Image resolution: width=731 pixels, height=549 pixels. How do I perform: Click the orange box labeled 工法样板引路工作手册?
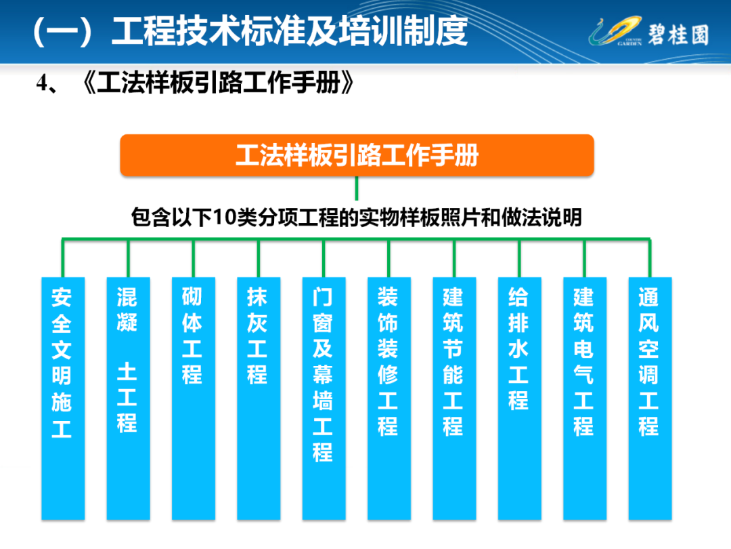coord(357,155)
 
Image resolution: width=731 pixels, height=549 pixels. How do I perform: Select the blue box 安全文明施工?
coord(63,399)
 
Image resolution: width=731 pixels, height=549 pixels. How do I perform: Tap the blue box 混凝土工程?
coord(128,399)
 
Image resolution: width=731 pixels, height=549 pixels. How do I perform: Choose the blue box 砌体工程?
coord(194,399)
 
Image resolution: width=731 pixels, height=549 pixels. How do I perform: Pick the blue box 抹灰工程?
coord(259,399)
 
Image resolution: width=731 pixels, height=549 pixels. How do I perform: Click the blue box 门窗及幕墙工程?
coord(324,399)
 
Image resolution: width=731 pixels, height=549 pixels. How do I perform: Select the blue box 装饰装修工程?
coord(389,399)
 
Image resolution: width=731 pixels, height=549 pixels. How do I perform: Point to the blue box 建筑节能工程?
coord(455,399)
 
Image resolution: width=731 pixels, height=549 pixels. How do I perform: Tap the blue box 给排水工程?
coord(520,399)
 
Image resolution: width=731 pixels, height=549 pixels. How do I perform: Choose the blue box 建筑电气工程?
coord(585,399)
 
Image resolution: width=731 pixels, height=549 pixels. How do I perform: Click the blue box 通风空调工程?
coord(650,399)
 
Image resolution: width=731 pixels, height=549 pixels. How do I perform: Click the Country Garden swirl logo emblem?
coord(615,31)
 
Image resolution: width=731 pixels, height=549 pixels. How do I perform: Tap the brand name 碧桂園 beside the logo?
coord(678,35)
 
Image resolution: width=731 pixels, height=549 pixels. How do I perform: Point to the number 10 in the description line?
coord(225,218)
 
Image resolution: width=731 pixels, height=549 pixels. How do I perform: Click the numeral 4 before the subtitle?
coord(42,83)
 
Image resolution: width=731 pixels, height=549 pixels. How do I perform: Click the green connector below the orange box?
coord(357,188)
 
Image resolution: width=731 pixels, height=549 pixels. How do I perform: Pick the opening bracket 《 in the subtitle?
coord(89,83)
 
